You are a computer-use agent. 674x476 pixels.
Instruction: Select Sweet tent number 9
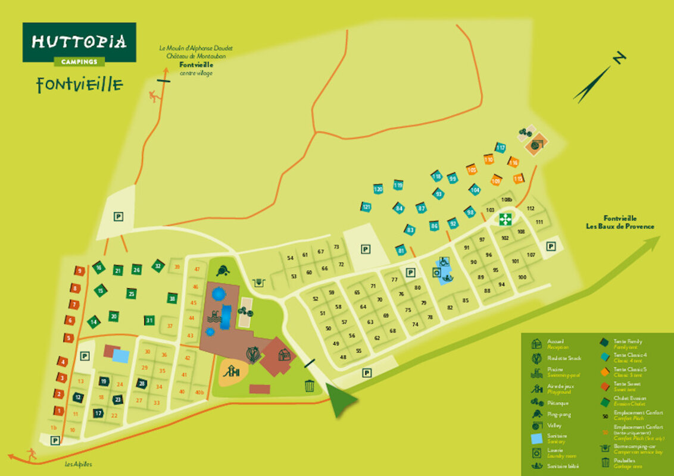click(x=80, y=271)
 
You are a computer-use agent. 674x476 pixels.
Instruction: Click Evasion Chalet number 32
click(x=157, y=265)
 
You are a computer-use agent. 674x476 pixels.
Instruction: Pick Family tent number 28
click(x=142, y=383)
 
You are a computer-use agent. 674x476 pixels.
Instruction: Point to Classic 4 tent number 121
click(x=366, y=207)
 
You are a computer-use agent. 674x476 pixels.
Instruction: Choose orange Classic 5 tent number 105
click(x=472, y=170)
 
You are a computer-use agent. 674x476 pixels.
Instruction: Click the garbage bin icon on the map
click(x=310, y=386)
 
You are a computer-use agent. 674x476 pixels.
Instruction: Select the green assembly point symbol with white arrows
click(x=505, y=219)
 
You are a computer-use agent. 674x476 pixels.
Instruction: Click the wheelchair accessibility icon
click(x=442, y=262)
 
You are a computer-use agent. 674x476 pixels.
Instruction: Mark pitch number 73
click(x=336, y=246)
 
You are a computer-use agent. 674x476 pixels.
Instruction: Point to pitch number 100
click(x=522, y=277)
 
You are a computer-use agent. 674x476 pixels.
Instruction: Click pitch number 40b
click(x=199, y=392)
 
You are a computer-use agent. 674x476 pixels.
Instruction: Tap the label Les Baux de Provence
click(x=620, y=226)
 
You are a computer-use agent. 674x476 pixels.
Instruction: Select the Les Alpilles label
click(x=79, y=464)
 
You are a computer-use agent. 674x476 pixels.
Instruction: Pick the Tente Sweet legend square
click(x=603, y=384)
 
